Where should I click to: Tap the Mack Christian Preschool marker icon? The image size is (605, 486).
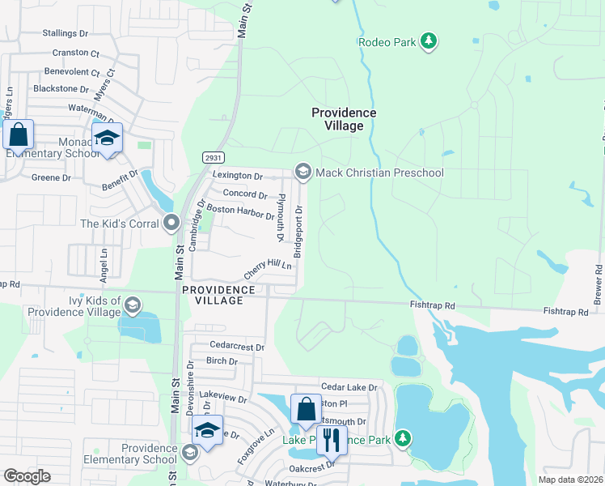303,172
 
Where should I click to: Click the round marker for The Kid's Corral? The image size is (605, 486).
170,222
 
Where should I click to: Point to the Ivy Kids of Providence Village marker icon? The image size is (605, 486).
133,305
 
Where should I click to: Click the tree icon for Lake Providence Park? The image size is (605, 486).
403,440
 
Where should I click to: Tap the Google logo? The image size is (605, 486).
27,476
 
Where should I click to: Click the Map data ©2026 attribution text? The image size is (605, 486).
570,480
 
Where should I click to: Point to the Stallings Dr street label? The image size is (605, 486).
65,33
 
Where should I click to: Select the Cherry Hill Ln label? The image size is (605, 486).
267,271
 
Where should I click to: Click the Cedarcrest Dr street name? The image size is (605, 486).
237,347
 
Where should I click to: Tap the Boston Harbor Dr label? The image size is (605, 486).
241,213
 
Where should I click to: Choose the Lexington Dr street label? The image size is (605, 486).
238,176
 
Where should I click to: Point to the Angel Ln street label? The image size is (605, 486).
104,264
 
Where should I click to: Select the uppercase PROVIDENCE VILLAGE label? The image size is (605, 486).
218,295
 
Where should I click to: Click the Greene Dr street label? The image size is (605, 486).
51,177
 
